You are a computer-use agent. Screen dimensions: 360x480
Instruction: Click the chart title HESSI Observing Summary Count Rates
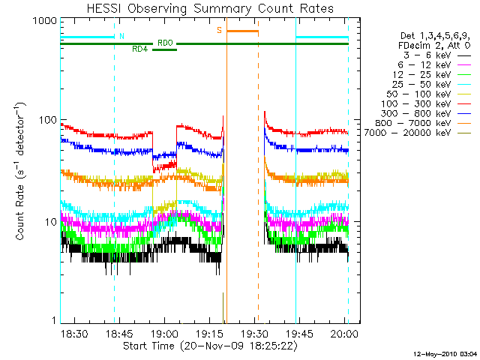tap(204, 10)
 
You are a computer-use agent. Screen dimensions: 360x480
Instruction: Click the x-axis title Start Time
tap(204, 346)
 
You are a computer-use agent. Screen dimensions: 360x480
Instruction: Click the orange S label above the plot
tap(219, 30)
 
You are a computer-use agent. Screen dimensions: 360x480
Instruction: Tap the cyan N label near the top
tap(121, 36)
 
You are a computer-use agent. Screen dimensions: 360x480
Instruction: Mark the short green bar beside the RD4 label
tap(164, 49)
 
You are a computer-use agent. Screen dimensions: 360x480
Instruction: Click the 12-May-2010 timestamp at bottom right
tap(445, 352)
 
